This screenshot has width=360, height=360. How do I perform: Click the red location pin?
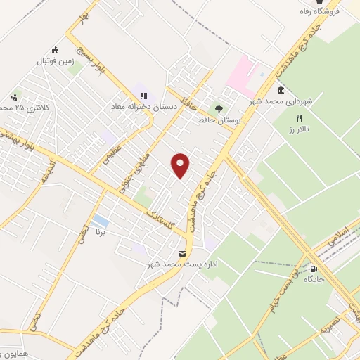tap(181, 165)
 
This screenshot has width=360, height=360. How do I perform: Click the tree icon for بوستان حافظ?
tap(219, 109)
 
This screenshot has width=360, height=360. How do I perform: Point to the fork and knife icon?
tap(300, 119)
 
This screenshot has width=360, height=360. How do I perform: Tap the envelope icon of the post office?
tap(182, 253)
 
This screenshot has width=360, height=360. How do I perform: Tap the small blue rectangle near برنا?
tap(100, 222)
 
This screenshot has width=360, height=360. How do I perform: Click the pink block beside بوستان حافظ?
tap(240, 75)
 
